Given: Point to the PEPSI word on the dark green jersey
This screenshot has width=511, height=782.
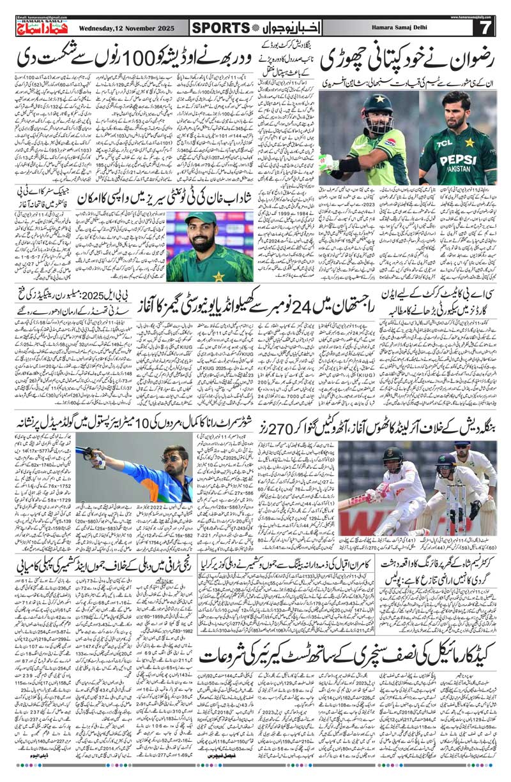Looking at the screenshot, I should point(457,158).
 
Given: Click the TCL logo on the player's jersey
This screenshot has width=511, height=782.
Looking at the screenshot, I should point(441,144).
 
